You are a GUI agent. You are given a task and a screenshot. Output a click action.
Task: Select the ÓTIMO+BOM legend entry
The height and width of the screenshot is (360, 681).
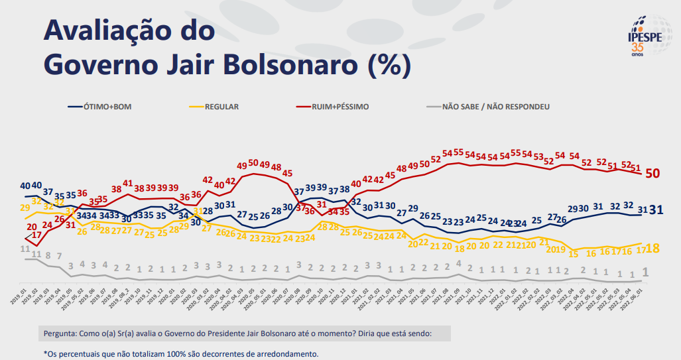106,106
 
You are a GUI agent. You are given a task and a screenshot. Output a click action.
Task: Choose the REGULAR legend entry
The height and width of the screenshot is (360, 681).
221,106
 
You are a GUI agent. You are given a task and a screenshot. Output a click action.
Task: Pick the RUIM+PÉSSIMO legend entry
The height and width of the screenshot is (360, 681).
342,106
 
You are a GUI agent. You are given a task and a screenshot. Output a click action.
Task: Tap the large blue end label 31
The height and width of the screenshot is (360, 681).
657,210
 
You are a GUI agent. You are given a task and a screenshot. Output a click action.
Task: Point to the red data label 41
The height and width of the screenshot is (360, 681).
128,182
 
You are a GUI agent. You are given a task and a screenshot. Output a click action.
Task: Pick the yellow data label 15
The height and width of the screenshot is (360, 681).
574,254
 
